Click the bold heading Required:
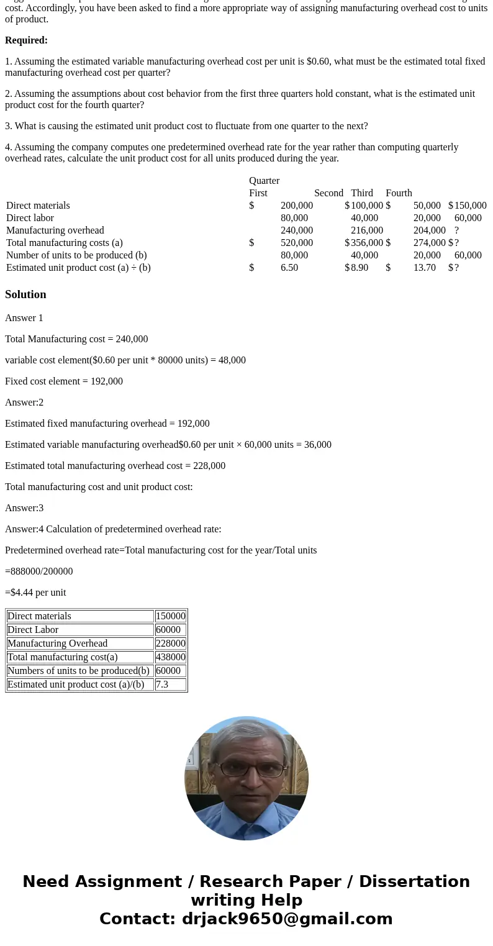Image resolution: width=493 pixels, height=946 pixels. pyautogui.click(x=26, y=40)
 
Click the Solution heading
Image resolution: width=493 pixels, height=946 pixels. pyautogui.click(x=25, y=294)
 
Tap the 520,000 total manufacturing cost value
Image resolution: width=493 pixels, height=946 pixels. pyautogui.click(x=297, y=243)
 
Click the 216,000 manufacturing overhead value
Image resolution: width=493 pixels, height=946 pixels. pyautogui.click(x=367, y=230)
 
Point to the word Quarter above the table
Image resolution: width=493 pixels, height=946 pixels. pyautogui.click(x=264, y=181)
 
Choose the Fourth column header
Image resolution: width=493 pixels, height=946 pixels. pyautogui.click(x=399, y=193)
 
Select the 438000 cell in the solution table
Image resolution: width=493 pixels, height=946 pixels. pyautogui.click(x=170, y=657)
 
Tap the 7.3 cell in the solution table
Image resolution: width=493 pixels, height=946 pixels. pyautogui.click(x=162, y=684)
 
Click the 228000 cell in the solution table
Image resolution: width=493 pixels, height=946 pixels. pyautogui.click(x=170, y=644)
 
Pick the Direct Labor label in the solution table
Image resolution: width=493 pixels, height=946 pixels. pyautogui.click(x=33, y=630)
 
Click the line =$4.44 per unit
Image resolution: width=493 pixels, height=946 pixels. pyautogui.click(x=35, y=593)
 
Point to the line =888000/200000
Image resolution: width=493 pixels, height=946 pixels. pyautogui.click(x=38, y=571)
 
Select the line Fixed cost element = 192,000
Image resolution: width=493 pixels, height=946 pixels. pyautogui.click(x=64, y=381)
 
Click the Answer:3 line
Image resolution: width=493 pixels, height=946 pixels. pyautogui.click(x=24, y=508)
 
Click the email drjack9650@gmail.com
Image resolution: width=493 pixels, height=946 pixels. pyautogui.click(x=287, y=919)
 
